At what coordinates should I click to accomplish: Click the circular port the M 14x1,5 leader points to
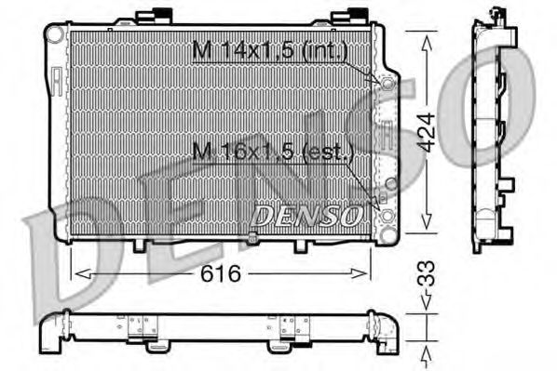[x=384, y=81]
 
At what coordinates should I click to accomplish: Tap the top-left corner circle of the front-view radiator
[x=55, y=34]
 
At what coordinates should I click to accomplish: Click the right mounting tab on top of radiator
[x=356, y=17]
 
